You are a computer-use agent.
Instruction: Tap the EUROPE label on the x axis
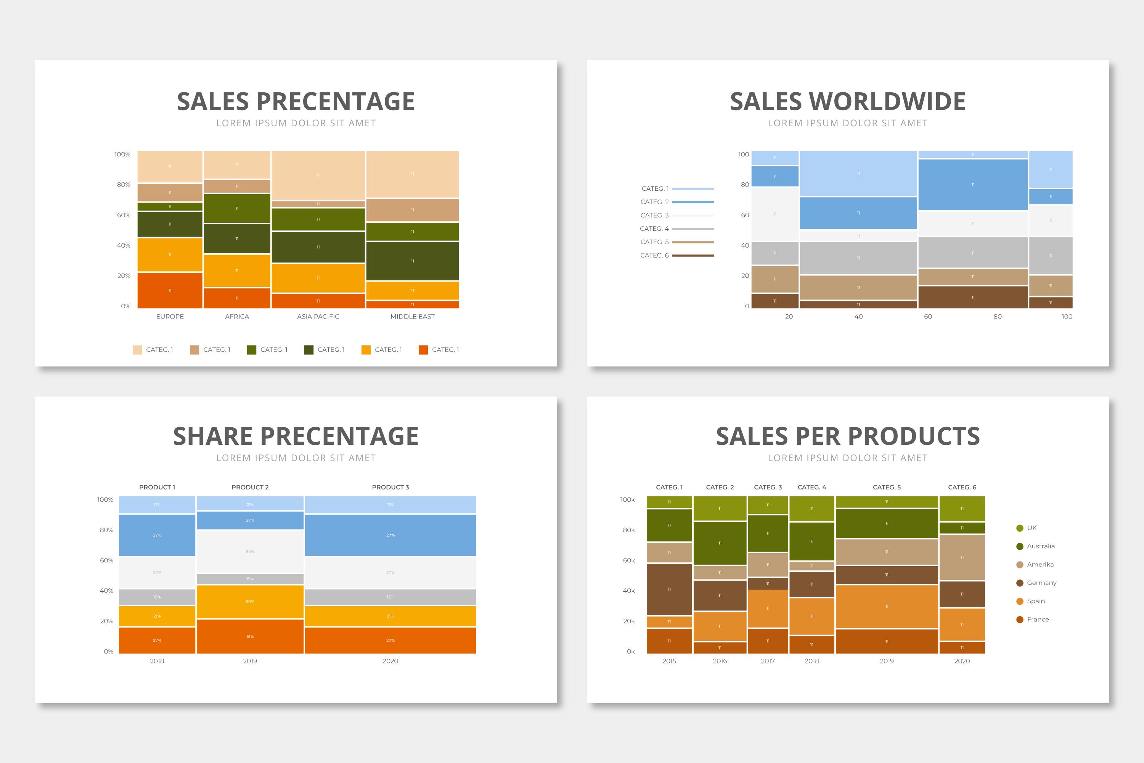pos(170,316)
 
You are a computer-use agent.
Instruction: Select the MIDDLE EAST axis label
pos(413,316)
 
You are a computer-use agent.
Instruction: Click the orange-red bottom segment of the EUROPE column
pos(170,290)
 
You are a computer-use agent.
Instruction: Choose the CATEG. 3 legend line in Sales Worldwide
pos(693,215)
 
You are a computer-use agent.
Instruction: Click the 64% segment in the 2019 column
pos(250,551)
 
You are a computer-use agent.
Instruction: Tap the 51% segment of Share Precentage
pos(250,636)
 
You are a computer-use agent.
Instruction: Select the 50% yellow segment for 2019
pos(250,602)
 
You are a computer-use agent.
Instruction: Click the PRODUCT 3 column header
pos(390,487)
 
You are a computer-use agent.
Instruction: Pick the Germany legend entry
pos(1041,583)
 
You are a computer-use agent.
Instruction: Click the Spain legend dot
pos(1020,601)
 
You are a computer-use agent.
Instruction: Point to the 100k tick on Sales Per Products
pos(627,500)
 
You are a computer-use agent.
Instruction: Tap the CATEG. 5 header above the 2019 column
pos(887,487)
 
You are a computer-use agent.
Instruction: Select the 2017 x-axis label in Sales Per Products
pos(768,661)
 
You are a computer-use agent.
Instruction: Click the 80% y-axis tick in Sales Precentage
pos(124,184)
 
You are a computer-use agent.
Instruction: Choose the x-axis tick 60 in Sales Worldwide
pos(928,316)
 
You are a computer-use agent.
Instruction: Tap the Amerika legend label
pos(1040,565)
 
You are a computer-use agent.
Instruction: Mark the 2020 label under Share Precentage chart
pos(390,661)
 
